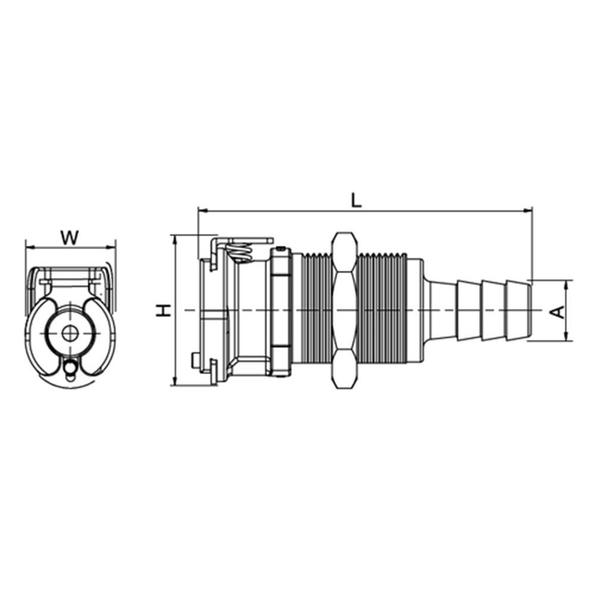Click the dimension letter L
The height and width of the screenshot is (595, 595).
pyautogui.click(x=356, y=200)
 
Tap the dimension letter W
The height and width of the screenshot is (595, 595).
pyautogui.click(x=70, y=238)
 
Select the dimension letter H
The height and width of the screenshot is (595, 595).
pyautogui.click(x=164, y=311)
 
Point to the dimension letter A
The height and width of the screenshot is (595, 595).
pyautogui.click(x=558, y=312)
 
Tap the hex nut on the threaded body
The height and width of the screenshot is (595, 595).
pyautogui.click(x=344, y=311)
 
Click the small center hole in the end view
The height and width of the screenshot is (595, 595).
pyautogui.click(x=70, y=334)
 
